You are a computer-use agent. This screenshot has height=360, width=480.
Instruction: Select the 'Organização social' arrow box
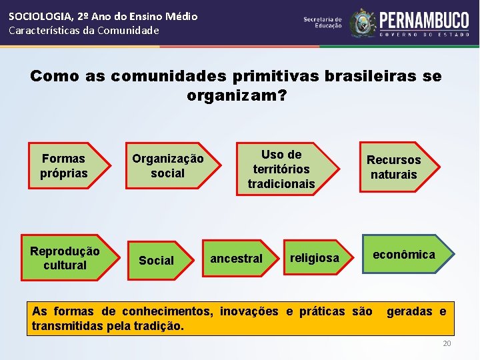coord(167,166)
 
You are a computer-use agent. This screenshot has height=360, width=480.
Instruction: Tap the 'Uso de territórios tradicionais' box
coord(281,169)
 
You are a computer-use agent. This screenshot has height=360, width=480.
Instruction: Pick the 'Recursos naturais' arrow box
coord(393,167)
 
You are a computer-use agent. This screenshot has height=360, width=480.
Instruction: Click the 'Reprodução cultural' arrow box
coord(65,258)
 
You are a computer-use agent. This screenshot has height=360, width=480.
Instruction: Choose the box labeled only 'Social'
coord(156,261)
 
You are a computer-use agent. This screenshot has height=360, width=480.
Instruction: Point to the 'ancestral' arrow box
coord(237,259)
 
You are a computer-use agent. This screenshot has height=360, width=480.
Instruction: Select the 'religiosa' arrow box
coord(314,258)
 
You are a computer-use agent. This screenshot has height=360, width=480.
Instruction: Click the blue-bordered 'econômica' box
coord(404,255)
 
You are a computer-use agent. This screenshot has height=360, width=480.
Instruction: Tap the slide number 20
coord(447,343)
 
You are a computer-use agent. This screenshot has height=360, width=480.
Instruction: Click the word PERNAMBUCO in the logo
coord(424,20)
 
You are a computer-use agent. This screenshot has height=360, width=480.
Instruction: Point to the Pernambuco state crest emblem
coord(363,23)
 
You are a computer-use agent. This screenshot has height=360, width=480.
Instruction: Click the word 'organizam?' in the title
coord(237,96)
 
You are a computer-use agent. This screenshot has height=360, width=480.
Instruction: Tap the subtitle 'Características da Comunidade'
coord(84,31)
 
